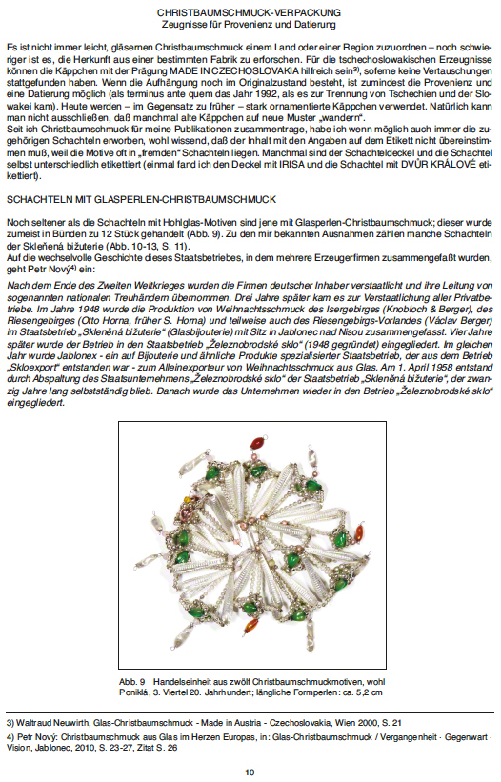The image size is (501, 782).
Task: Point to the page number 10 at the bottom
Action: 250,772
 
